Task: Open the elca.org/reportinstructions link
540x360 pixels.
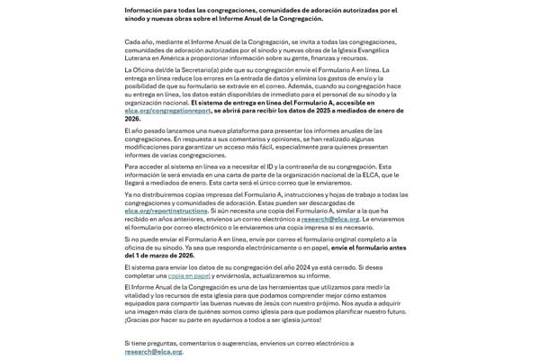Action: pyautogui.click(x=166, y=211)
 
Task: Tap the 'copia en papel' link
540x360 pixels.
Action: pyautogui.click(x=189, y=275)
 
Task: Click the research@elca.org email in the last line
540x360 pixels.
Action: pyautogui.click(x=153, y=351)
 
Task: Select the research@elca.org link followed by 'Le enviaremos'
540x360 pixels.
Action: pyautogui.click(x=330, y=219)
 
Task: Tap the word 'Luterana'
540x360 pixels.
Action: pyautogui.click(x=139, y=57)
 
